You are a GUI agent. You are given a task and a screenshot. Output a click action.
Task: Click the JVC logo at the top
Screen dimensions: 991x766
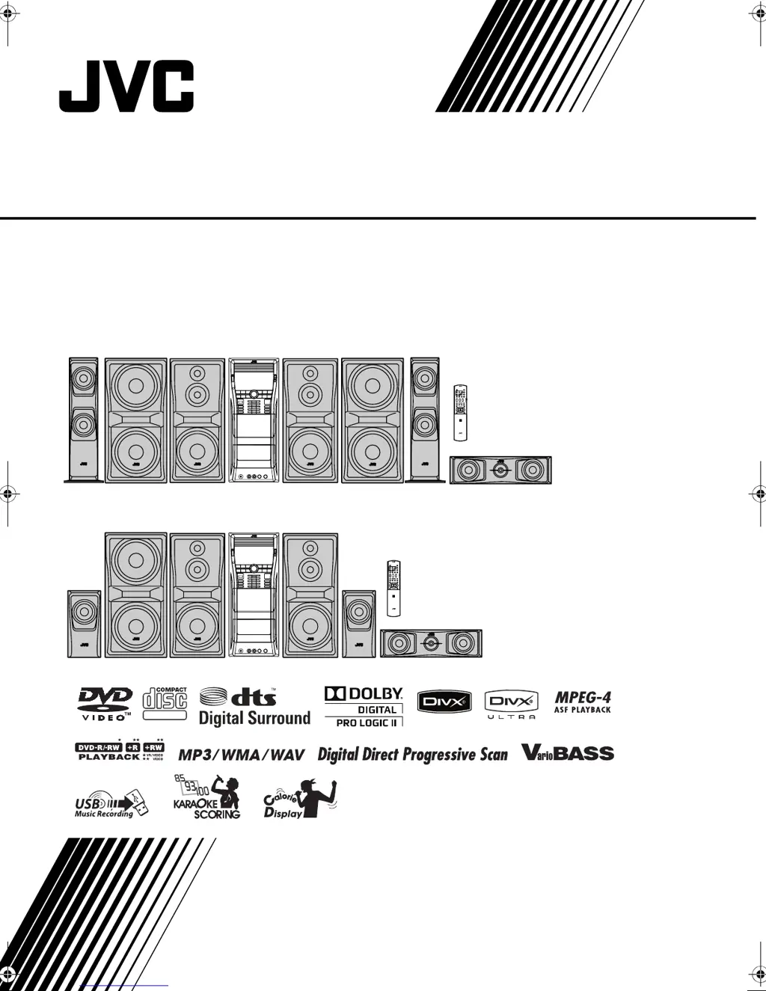[x=126, y=87]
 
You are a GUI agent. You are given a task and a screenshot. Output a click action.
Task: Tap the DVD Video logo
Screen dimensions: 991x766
[x=105, y=705]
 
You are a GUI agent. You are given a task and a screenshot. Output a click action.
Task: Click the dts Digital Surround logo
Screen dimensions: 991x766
[x=254, y=707]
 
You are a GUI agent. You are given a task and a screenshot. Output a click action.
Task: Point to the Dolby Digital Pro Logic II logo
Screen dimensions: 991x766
[x=364, y=707]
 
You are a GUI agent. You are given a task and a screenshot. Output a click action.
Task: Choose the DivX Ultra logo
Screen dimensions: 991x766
[x=512, y=705]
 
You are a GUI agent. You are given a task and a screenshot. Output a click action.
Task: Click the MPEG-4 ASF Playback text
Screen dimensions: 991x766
[x=583, y=702]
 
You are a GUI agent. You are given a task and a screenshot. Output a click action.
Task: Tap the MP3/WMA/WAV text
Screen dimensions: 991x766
[x=242, y=755]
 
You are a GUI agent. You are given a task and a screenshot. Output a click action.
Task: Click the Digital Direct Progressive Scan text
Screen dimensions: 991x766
[x=412, y=754]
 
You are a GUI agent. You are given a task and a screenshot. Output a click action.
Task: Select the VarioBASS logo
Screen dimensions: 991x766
[x=568, y=752]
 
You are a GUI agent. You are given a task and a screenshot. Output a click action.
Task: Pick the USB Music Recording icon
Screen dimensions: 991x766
[x=111, y=804]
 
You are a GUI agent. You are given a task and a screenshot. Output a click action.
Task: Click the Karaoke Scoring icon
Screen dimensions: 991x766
[x=207, y=797]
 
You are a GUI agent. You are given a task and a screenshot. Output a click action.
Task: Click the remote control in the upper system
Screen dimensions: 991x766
[x=461, y=412]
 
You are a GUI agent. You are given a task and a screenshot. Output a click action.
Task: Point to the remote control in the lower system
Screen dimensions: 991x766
[x=393, y=588]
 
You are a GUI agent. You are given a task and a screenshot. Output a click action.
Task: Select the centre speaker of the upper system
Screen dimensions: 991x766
[x=500, y=470]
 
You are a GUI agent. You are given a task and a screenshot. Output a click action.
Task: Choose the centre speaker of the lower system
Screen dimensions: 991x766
[x=431, y=643]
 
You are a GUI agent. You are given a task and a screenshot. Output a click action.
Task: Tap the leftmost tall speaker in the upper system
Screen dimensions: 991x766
[x=83, y=420]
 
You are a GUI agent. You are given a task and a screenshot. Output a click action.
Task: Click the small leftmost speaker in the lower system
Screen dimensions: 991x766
[x=84, y=624]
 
